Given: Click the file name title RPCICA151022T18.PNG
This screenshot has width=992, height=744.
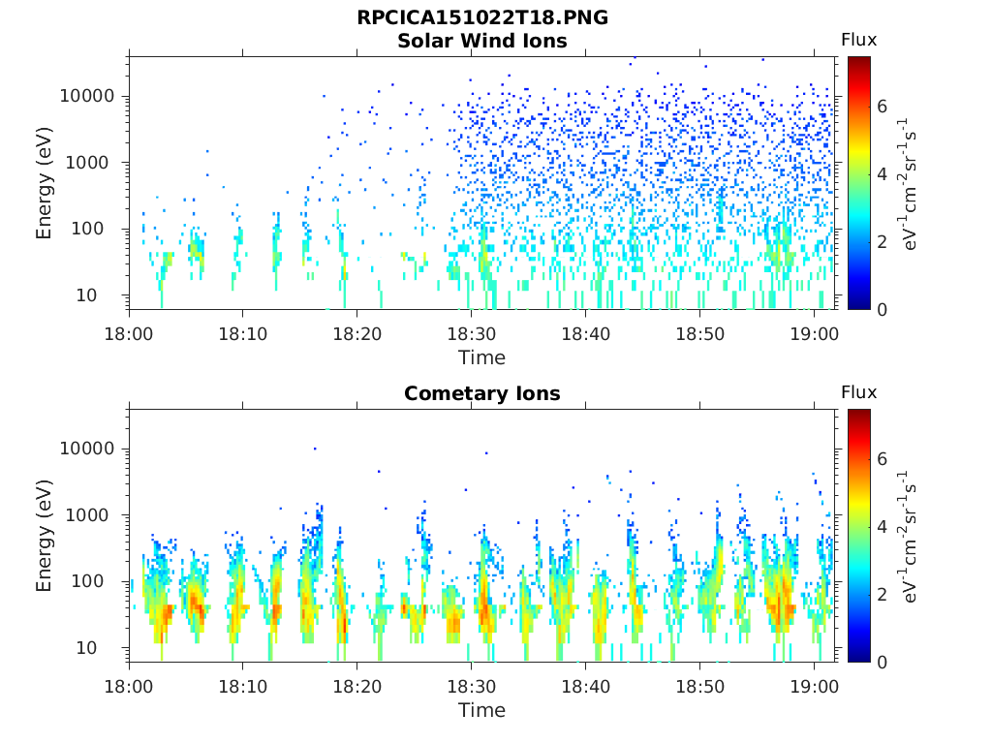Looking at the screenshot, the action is [482, 17].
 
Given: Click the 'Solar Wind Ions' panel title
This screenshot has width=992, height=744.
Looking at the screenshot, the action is [482, 41].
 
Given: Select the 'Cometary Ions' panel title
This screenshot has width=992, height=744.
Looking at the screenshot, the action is [482, 393].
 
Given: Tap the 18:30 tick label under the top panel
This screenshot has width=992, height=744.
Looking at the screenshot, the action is [472, 334].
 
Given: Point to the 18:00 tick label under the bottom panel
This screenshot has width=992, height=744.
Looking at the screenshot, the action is [129, 687].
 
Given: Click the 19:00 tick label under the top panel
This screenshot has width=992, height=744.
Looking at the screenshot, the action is [814, 334].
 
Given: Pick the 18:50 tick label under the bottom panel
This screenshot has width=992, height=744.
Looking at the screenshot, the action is [699, 687].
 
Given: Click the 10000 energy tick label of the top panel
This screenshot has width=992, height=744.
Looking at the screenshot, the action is [86, 96].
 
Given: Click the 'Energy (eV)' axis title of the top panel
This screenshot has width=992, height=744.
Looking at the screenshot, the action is [44, 183].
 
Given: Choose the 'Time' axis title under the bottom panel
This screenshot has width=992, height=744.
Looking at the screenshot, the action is [482, 710].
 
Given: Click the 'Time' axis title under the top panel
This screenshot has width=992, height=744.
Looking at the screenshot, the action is [482, 358].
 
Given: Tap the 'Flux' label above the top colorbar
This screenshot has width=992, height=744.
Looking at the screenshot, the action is [858, 40].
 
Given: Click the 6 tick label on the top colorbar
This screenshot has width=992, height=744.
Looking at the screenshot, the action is [882, 107].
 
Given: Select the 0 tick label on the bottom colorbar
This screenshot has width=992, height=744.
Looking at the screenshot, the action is [882, 663].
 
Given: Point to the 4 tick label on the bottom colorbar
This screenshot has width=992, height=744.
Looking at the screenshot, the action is [882, 526].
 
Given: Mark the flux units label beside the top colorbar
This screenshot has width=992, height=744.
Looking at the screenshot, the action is [907, 183].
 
